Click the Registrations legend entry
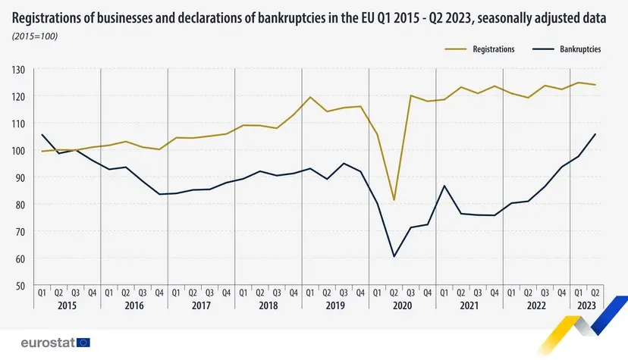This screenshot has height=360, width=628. (493, 49)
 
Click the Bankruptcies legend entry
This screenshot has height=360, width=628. (580, 49)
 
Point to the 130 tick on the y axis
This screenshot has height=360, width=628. (19, 70)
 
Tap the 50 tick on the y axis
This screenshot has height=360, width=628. (20, 286)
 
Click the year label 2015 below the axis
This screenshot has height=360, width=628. (67, 306)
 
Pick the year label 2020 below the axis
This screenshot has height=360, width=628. (402, 306)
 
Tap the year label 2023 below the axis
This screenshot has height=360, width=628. (586, 306)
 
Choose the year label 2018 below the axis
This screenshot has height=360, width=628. (268, 306)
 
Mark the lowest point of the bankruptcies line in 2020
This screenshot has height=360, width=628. (394, 256)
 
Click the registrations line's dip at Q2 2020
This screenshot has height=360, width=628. (394, 200)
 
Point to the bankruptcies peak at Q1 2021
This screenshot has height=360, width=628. (444, 186)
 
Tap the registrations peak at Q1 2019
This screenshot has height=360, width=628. (310, 97)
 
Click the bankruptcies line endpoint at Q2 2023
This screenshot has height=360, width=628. (595, 134)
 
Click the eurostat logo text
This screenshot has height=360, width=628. (48, 343)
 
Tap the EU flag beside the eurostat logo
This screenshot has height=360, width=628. (83, 343)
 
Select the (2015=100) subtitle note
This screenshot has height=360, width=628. (36, 36)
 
